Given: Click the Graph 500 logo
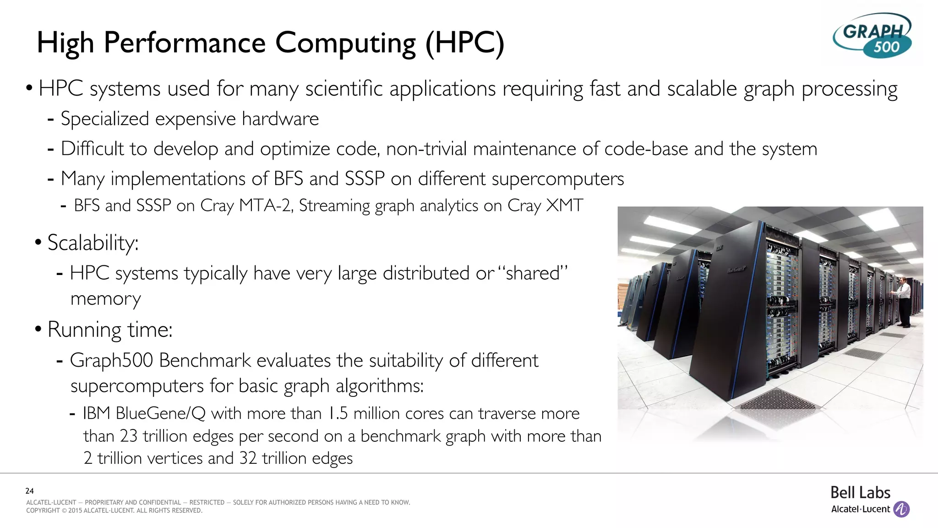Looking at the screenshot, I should pos(872,36).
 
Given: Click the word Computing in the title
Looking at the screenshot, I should pos(345,43).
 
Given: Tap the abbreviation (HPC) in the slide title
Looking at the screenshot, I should pos(465,43).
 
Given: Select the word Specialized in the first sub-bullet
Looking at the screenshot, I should pos(105,119).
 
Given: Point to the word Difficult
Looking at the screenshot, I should pos(92,149).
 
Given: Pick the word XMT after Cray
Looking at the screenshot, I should pos(565,205).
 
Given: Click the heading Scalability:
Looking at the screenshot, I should pos(93,243).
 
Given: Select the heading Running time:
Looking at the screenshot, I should pos(110,330).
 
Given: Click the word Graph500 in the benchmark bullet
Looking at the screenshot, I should pos(111,361).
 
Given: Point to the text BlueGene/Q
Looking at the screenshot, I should pos(160,413).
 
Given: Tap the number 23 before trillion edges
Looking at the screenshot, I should pos(128,436).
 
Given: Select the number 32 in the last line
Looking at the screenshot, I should pos(248,458).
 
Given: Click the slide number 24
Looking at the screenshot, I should pos(30,491).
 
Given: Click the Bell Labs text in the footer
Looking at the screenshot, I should pos(860,493).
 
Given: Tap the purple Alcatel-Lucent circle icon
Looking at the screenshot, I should pos(901,509).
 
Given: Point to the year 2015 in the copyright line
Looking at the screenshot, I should pos(75,511).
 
